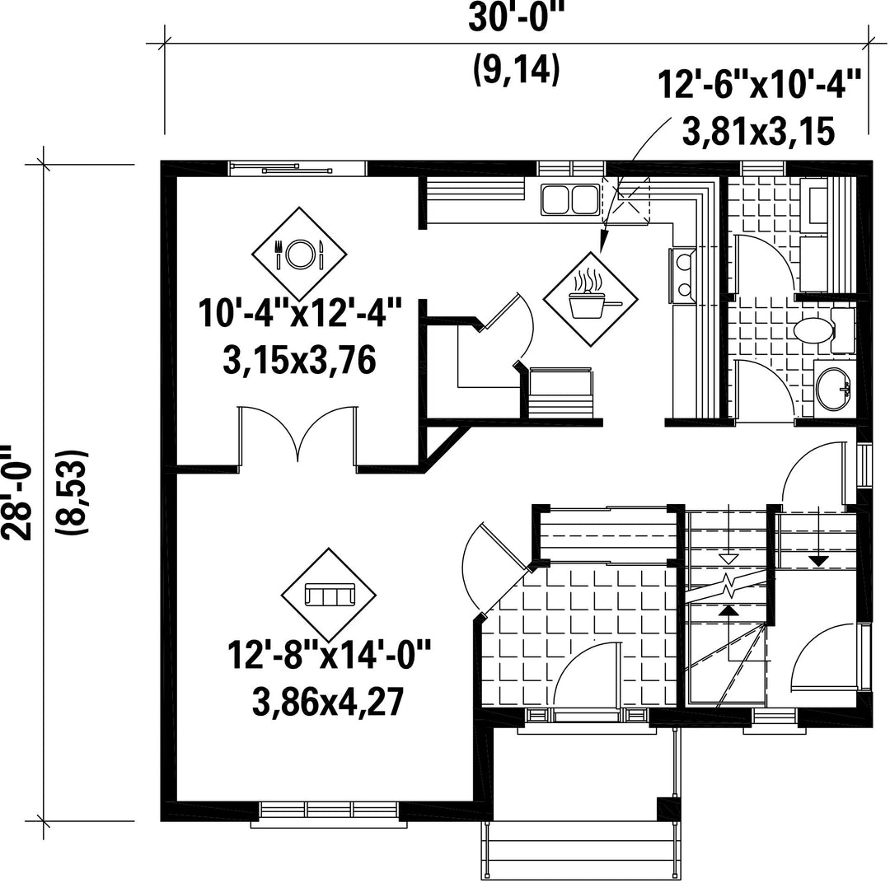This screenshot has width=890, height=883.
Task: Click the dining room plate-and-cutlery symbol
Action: click(x=299, y=254)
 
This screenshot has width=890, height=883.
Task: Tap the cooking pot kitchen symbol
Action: click(x=590, y=299)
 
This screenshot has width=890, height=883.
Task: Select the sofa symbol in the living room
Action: click(x=329, y=595)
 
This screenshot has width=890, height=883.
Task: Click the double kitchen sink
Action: click(x=570, y=200)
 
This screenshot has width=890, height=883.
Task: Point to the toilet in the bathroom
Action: click(x=823, y=330)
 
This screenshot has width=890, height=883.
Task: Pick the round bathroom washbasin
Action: click(x=832, y=388)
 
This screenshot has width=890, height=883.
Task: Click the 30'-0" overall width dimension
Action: click(x=513, y=19)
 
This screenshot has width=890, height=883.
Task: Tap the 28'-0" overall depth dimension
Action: click(x=16, y=492)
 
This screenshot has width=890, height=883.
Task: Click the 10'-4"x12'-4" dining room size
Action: click(x=300, y=313)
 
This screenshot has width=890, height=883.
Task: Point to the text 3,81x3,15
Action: click(x=758, y=133)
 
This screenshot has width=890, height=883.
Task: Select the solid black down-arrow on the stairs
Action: click(x=817, y=560)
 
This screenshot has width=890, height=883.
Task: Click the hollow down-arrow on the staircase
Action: click(x=728, y=559)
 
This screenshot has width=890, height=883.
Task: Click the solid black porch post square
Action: click(x=667, y=808)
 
